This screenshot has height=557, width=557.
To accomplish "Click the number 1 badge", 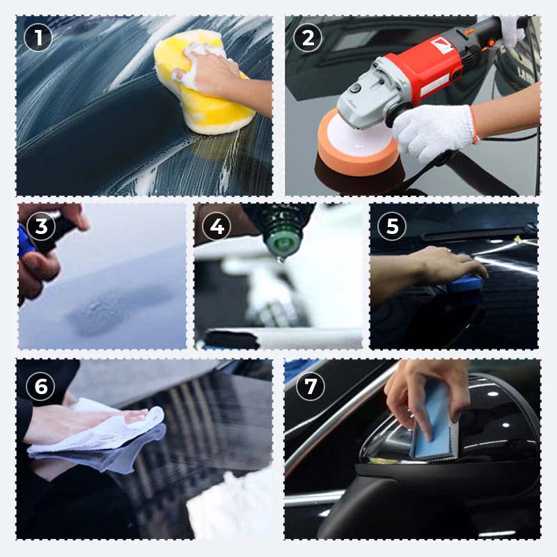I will pyautogui.click(x=38, y=38).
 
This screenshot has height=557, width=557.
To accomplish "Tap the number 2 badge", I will pyautogui.click(x=307, y=38).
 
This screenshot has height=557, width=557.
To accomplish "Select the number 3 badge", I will pyautogui.click(x=41, y=226).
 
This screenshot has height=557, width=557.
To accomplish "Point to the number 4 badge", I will pyautogui.click(x=217, y=226).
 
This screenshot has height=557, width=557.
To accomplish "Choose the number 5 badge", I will pyautogui.click(x=393, y=226).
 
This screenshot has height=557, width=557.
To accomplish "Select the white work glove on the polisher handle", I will pyautogui.click(x=432, y=125).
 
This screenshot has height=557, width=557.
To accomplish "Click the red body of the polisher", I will pyautogui.click(x=432, y=66).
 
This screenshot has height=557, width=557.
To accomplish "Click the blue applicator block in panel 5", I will pyautogui.click(x=464, y=283).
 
